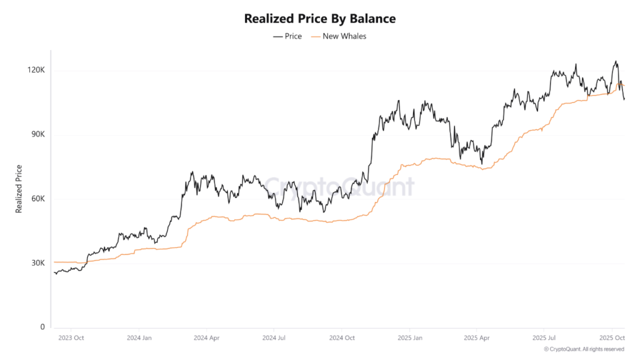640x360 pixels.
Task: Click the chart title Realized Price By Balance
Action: [x=319, y=19]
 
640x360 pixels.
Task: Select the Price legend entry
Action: [x=287, y=36]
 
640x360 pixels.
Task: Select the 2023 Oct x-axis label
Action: [x=71, y=338]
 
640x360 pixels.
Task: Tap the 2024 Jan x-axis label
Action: [x=139, y=338]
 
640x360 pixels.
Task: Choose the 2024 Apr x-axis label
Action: [x=207, y=338]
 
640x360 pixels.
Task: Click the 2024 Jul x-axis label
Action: [x=274, y=338]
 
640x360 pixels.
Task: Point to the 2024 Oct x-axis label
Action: [x=341, y=338]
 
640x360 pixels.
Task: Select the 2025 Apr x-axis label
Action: [x=476, y=338]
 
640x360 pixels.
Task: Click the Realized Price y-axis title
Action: [x=19, y=188]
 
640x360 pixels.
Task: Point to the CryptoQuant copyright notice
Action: [x=584, y=349]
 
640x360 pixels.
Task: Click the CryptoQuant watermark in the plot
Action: [x=338, y=186]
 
